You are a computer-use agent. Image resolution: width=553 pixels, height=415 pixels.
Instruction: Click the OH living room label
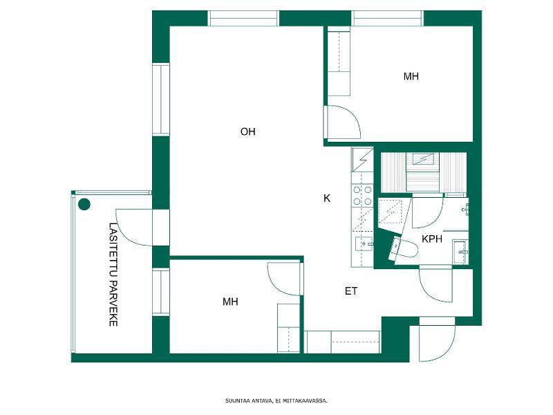pos(247,131)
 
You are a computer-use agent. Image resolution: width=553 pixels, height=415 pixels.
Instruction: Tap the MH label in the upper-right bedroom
pos(411,76)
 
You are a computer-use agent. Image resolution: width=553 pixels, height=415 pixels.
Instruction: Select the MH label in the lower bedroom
pos(230,302)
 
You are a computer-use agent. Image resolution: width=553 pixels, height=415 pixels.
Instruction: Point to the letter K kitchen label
pos(327,199)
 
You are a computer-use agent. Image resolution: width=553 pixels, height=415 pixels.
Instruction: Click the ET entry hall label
pos(351,291)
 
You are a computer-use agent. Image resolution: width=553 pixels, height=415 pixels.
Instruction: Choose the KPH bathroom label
pos(432,239)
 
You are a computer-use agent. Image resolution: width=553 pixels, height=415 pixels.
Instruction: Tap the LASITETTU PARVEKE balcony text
pos(113,274)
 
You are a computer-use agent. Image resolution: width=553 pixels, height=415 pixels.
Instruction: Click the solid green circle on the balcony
pos(84,204)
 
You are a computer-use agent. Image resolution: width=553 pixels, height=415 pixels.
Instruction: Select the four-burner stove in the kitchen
pos(362,196)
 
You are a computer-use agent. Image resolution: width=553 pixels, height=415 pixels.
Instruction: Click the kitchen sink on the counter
pos(364,244)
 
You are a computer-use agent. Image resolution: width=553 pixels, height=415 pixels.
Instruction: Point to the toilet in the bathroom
pos(404,248)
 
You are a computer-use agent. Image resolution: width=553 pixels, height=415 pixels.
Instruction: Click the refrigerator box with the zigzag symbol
pos(362,160)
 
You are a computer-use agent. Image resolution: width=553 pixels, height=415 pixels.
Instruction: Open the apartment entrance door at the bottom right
pos(437,339)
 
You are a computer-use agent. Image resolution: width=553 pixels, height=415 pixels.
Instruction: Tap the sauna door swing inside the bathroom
pos(427,212)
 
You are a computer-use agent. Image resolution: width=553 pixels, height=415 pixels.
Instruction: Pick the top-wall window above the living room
pos(243,19)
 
